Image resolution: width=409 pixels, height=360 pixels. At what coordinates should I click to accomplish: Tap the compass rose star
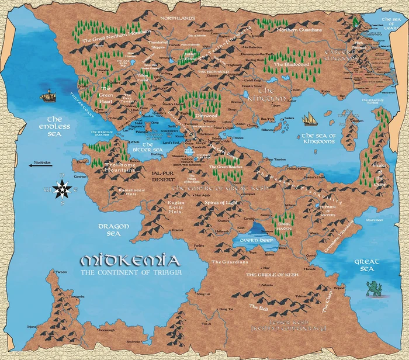[62, 188]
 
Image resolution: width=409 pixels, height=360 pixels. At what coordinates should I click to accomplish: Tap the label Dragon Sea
[109, 229]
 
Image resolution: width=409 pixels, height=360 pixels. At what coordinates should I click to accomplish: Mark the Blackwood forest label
[286, 64]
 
